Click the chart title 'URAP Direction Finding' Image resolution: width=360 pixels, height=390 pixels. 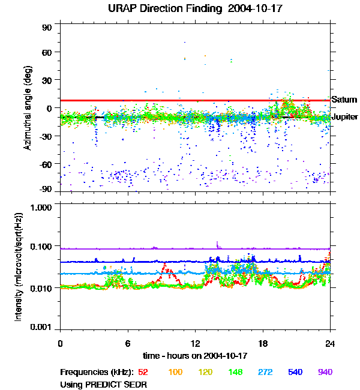(x=158, y=9)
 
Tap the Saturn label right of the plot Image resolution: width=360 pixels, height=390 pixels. (x=344, y=100)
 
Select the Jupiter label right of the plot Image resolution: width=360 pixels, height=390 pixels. (x=344, y=117)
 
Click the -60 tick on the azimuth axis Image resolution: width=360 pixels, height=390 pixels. (x=46, y=164)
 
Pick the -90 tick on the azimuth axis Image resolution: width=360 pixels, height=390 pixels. (x=46, y=189)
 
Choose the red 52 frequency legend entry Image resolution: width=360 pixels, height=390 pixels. (x=143, y=372)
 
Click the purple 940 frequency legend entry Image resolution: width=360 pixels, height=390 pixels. (x=325, y=372)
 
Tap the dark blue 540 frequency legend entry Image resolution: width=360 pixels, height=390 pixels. (x=295, y=372)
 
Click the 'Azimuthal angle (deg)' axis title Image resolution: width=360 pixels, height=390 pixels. (x=27, y=108)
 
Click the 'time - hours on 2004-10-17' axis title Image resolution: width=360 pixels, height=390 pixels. (x=195, y=356)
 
